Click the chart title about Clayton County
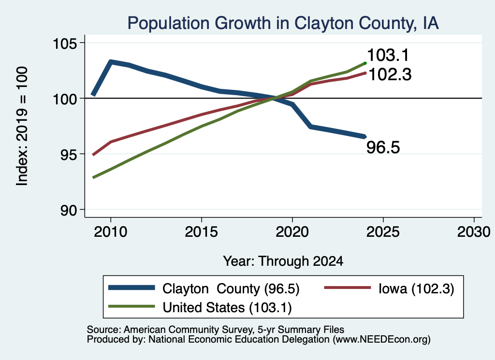[x=283, y=23]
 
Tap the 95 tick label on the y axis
[x=69, y=154]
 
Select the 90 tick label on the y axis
[x=69, y=210]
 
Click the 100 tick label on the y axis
[x=65, y=99]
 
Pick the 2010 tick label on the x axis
[x=111, y=232]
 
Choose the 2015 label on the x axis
[x=202, y=232]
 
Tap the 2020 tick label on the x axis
[x=292, y=232]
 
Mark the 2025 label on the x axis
[x=383, y=232]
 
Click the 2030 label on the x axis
[x=474, y=232]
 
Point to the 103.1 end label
[x=388, y=55]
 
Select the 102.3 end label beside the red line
[x=390, y=75]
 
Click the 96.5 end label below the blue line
[x=383, y=147]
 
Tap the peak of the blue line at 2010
[x=111, y=61]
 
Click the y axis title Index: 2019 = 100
[x=22, y=126]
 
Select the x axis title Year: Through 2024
[x=283, y=261]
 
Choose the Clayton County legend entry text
[x=231, y=288]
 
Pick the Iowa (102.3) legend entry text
[x=416, y=288]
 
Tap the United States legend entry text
[x=227, y=307]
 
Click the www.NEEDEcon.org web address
[x=381, y=340]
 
